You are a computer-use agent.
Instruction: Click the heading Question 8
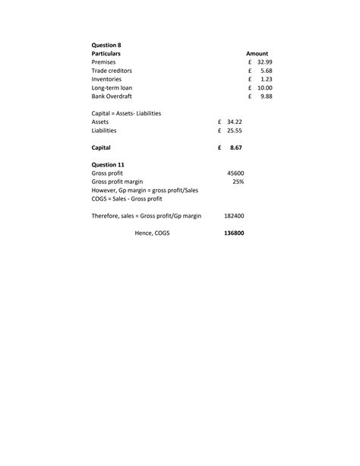coord(106,46)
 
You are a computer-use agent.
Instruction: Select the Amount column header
coord(257,54)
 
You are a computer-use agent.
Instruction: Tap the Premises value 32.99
coord(264,62)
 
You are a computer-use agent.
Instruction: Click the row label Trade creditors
coord(112,71)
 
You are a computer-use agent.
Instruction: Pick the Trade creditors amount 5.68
coord(266,71)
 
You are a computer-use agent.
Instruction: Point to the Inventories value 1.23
coord(266,79)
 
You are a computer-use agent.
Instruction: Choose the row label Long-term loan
coord(112,88)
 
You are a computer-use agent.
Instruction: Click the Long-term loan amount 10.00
coord(264,88)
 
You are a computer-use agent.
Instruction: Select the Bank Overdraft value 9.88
coord(266,97)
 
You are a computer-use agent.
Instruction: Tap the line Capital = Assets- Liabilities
coord(126,113)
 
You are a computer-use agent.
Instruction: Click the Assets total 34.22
coord(234,122)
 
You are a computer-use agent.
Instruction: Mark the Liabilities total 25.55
coord(234,130)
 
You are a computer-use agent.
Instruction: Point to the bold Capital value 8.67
coord(235,147)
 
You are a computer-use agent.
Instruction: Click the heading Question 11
coord(108,164)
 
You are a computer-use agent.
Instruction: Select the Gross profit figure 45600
coord(235,173)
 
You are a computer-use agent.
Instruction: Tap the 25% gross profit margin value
coord(238,182)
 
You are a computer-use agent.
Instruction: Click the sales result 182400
coord(234,216)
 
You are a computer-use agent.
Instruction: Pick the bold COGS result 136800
coord(234,233)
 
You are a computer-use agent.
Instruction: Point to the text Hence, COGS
coord(152,233)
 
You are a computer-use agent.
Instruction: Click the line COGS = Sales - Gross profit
coord(127,198)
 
